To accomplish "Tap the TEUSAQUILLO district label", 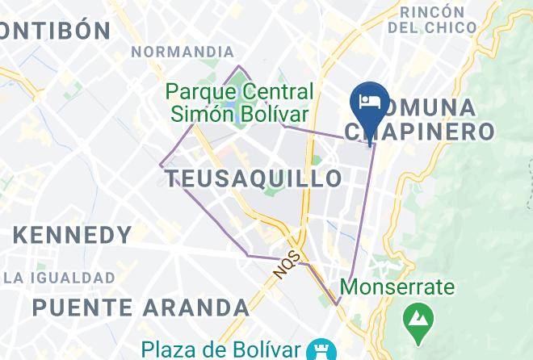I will point(254,178).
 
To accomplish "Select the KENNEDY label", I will point(73,236).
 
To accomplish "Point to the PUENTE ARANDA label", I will point(141,308).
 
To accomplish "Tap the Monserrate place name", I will point(397,287).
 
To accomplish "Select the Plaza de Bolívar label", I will point(221,350).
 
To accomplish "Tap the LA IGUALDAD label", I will point(58,278).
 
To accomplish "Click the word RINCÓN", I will point(432,12).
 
